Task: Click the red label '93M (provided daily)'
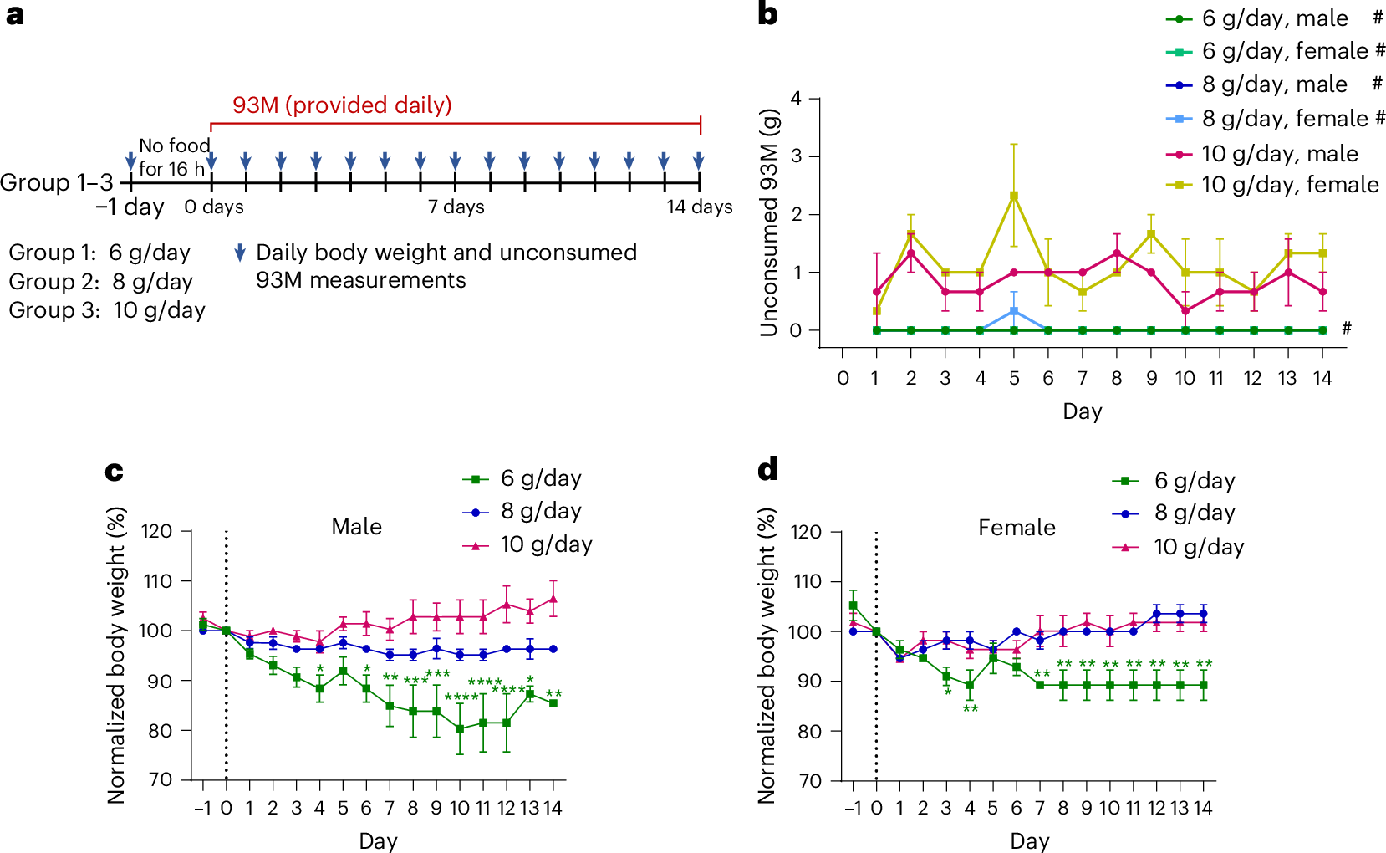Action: coord(342,105)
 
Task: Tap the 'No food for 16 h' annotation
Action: coord(174,157)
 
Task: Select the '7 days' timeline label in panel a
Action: coord(456,207)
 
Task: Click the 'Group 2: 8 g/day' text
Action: coord(101,281)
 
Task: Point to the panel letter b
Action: coord(767,14)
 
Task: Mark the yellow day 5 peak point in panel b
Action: coord(1014,197)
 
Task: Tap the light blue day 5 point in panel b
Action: coord(1014,311)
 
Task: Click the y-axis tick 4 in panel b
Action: coord(796,99)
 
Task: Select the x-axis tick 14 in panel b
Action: coord(1322,378)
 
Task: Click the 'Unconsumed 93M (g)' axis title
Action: coord(769,223)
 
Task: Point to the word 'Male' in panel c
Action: coord(356,527)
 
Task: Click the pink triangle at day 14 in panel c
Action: coord(553,599)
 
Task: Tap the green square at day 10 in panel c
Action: coord(460,728)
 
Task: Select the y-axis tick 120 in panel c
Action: coord(156,532)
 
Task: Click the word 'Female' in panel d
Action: coord(1017,528)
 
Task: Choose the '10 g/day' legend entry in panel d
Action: coord(1198,547)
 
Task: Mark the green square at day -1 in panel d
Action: coord(853,605)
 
